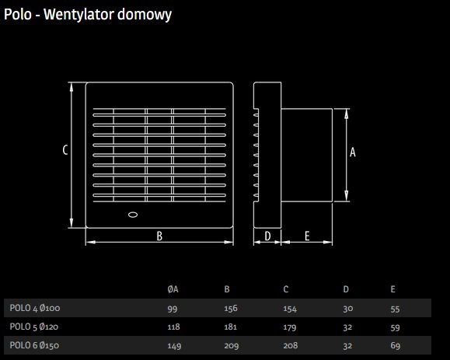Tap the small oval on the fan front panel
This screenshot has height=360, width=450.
click(133, 215)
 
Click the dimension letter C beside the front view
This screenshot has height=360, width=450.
click(65, 149)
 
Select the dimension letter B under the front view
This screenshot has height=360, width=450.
click(159, 236)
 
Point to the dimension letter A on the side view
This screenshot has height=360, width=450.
click(352, 152)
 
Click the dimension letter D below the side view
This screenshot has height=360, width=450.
click(267, 236)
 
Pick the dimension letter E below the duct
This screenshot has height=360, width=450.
click(307, 236)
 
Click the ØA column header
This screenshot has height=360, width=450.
click(173, 289)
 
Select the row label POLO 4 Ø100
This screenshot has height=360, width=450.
click(35, 308)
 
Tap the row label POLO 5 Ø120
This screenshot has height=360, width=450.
click(34, 327)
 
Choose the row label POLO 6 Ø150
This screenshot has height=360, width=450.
click(34, 345)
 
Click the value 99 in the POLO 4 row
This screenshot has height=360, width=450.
click(173, 309)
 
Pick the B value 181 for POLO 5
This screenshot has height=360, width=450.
click(231, 327)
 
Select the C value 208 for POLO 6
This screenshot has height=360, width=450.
click(291, 345)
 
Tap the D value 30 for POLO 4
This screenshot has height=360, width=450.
click(348, 309)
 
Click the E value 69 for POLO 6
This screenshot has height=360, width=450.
click(395, 345)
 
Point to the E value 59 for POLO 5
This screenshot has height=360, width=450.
click(395, 327)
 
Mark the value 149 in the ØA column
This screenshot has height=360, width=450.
click(174, 346)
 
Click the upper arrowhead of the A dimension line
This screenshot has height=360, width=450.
click(347, 114)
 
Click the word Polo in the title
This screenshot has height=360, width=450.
click(18, 14)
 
